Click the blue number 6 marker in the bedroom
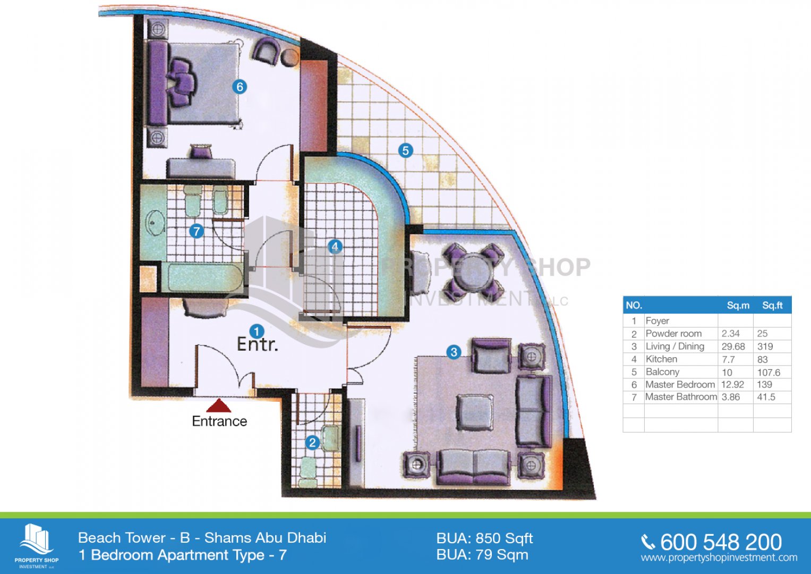tap(240, 87)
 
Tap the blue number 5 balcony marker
tap(405, 150)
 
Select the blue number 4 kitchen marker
tap(335, 247)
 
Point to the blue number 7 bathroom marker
tap(197, 231)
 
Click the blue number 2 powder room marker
tap(312, 442)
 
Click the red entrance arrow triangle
tap(219, 406)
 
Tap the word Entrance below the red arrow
tap(219, 421)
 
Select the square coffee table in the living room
tap(474, 412)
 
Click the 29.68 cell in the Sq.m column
tap(733, 347)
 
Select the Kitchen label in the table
tap(661, 359)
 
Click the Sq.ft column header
tap(772, 306)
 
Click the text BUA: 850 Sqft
tap(484, 538)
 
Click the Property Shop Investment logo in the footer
tap(37, 546)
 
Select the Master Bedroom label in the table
tap(680, 384)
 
